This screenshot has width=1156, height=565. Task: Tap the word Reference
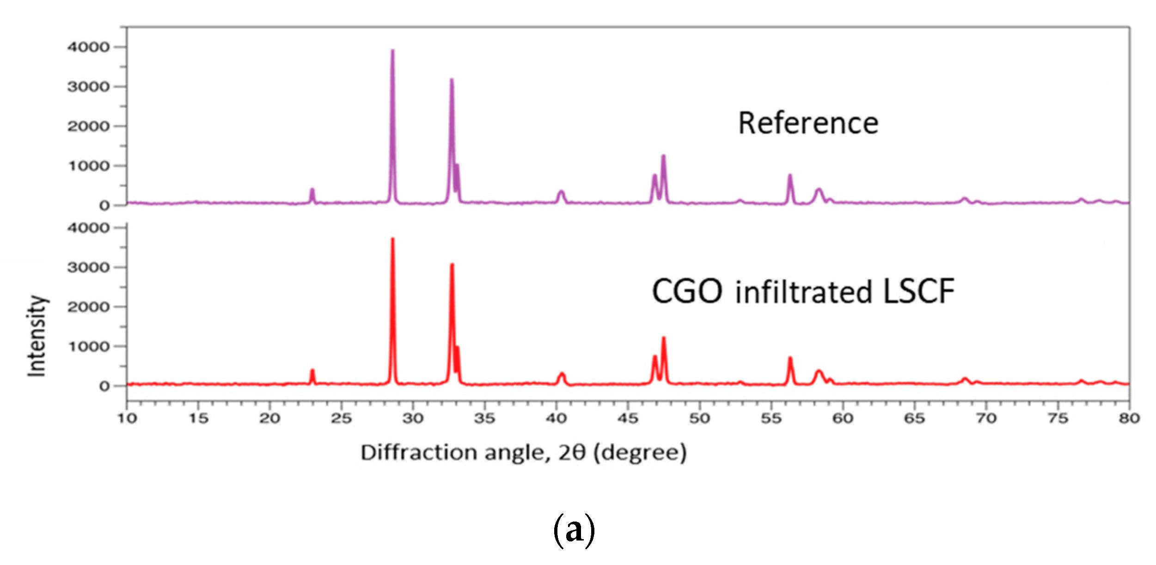(808, 123)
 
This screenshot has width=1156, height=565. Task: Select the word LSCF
(918, 292)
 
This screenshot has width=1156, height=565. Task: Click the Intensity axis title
(37, 336)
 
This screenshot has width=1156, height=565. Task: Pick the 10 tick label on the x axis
(127, 419)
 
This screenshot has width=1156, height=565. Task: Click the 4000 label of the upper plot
(88, 47)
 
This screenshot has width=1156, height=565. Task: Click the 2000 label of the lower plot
(88, 307)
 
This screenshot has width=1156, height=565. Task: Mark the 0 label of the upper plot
(104, 206)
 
